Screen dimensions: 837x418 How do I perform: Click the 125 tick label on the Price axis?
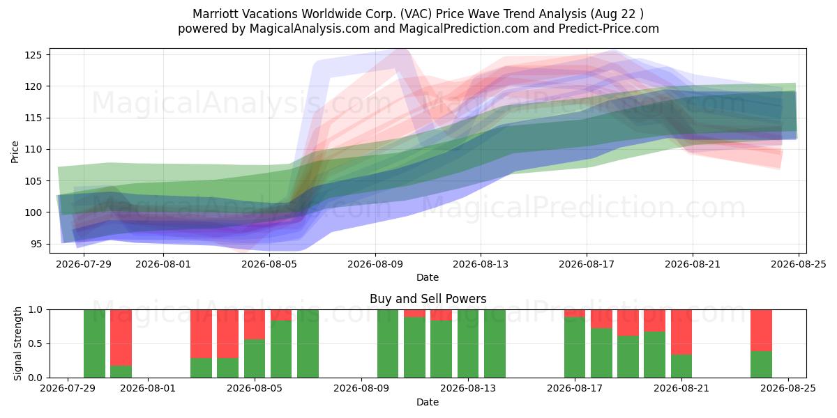[x=33, y=55]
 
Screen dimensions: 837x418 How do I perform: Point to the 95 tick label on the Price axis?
[x=36, y=245]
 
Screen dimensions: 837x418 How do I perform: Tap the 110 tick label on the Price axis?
[x=33, y=150]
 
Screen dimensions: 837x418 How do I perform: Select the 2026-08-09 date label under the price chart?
[x=375, y=265]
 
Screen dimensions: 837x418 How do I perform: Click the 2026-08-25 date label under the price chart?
[x=799, y=265]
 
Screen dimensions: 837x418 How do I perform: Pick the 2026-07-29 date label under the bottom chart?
[x=68, y=389]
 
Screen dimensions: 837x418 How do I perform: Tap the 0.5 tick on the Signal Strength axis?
[x=35, y=343]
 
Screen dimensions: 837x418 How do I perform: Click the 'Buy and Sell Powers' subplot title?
[x=428, y=299]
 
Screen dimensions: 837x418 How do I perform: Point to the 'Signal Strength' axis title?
[x=17, y=343]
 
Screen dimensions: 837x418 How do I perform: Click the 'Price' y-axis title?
[x=15, y=152]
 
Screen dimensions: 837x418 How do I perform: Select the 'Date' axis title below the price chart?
[x=428, y=277]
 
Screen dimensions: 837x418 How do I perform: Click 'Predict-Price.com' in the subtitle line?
[x=609, y=29]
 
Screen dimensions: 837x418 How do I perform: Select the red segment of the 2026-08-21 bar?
[x=681, y=332]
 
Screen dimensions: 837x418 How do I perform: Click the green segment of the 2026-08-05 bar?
[x=255, y=359]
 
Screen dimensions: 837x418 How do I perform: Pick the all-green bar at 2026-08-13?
[x=468, y=343]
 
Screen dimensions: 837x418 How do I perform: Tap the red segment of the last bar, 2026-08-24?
[x=761, y=330]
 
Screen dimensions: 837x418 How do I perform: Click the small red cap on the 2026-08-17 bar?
[x=575, y=313]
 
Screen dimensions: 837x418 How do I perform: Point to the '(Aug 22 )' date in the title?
[x=617, y=14]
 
